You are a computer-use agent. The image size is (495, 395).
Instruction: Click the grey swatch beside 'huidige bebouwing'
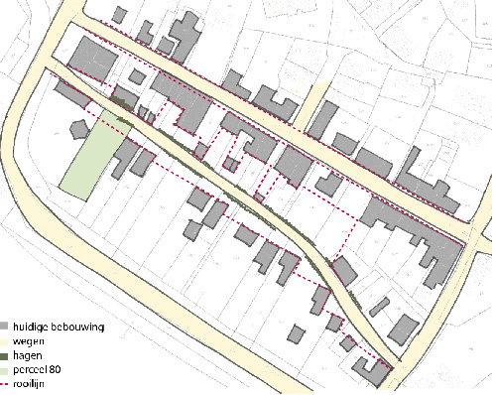(6, 327)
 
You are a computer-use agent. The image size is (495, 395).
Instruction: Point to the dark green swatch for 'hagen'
(6, 354)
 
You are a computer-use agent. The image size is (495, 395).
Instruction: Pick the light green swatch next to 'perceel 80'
(6, 368)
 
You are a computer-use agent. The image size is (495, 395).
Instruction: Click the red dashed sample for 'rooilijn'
(6, 382)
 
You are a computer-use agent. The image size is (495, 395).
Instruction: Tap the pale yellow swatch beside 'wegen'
(6, 340)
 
